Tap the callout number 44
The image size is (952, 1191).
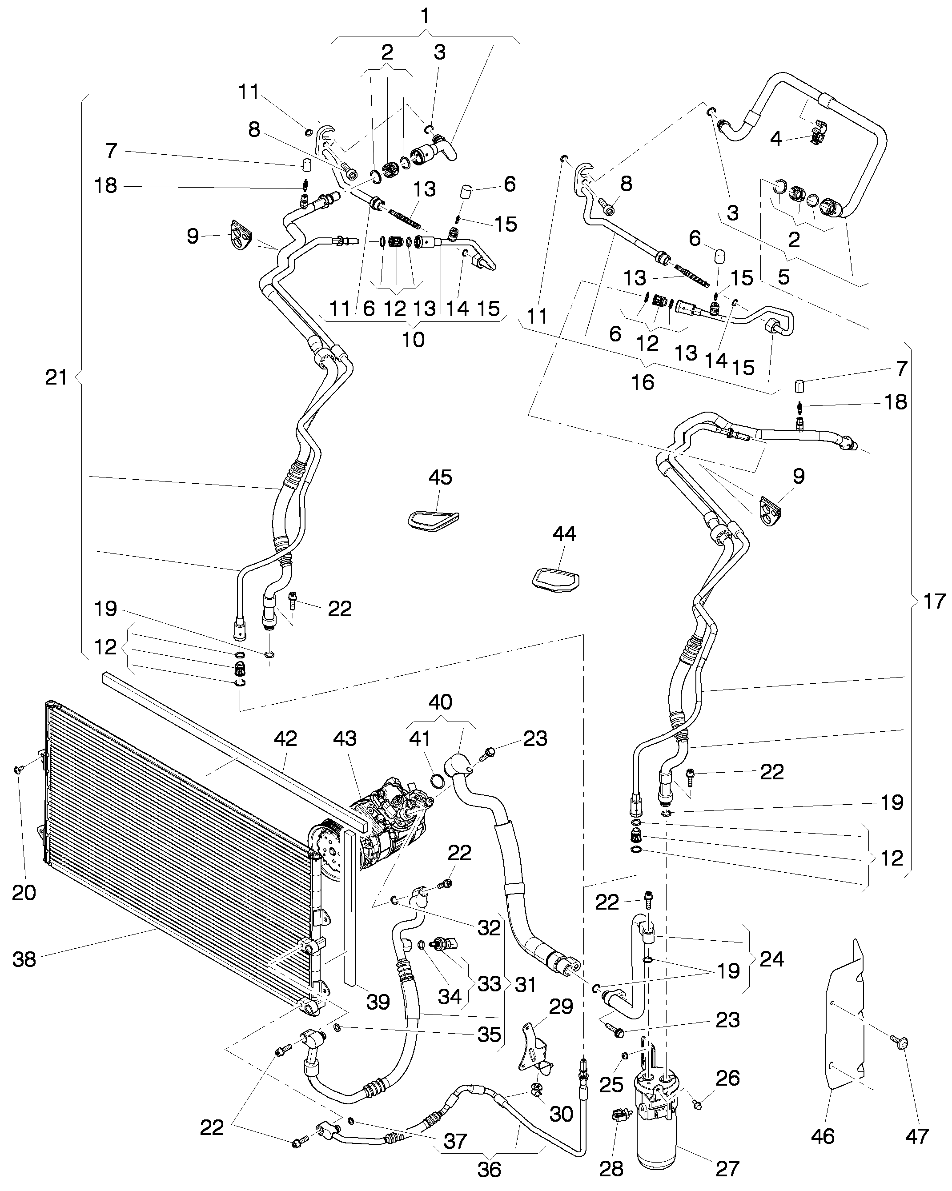(x=564, y=533)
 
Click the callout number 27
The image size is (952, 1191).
(x=727, y=1169)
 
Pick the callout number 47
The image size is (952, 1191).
(x=917, y=1137)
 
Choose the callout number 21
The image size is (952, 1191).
(x=56, y=378)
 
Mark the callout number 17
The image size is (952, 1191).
(x=934, y=601)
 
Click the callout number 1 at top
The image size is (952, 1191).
(x=425, y=16)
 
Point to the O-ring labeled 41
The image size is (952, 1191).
(x=437, y=781)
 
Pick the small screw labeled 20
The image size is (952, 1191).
(x=18, y=770)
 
